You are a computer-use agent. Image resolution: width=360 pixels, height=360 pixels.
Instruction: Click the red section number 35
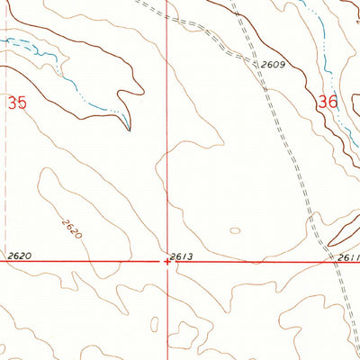[x=17, y=103]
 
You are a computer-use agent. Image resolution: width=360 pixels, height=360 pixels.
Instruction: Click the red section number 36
[x=328, y=103]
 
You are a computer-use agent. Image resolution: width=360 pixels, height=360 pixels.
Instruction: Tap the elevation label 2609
[x=273, y=65]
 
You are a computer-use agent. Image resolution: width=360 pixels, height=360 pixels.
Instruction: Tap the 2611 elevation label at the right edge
[x=349, y=257]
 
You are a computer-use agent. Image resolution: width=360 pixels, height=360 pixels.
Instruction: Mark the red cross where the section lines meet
[x=167, y=264]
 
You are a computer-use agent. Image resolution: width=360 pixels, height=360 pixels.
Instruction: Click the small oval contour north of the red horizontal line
[x=235, y=230]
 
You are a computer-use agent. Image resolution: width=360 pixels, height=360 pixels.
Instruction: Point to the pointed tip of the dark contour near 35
[x=129, y=129]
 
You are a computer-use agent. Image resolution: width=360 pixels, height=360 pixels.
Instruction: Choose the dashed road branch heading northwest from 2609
[x=193, y=28]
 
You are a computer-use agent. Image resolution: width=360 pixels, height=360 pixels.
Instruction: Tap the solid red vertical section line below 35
[x=167, y=180]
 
